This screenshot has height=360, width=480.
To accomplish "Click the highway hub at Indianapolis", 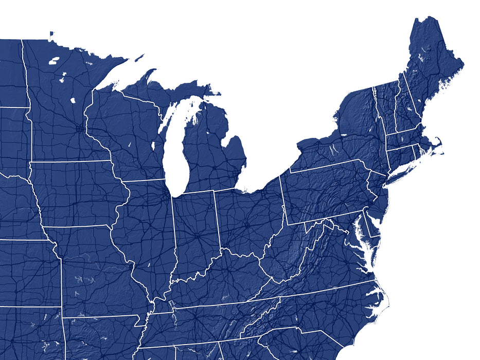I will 197,237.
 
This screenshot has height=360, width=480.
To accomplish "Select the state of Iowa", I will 77,193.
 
